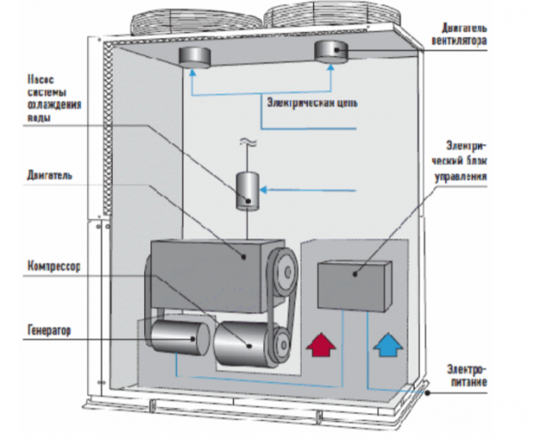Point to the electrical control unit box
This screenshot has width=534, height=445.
click(x=353, y=284)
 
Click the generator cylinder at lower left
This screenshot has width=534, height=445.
click(x=174, y=342)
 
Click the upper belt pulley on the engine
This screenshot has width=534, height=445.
click(x=284, y=264)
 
